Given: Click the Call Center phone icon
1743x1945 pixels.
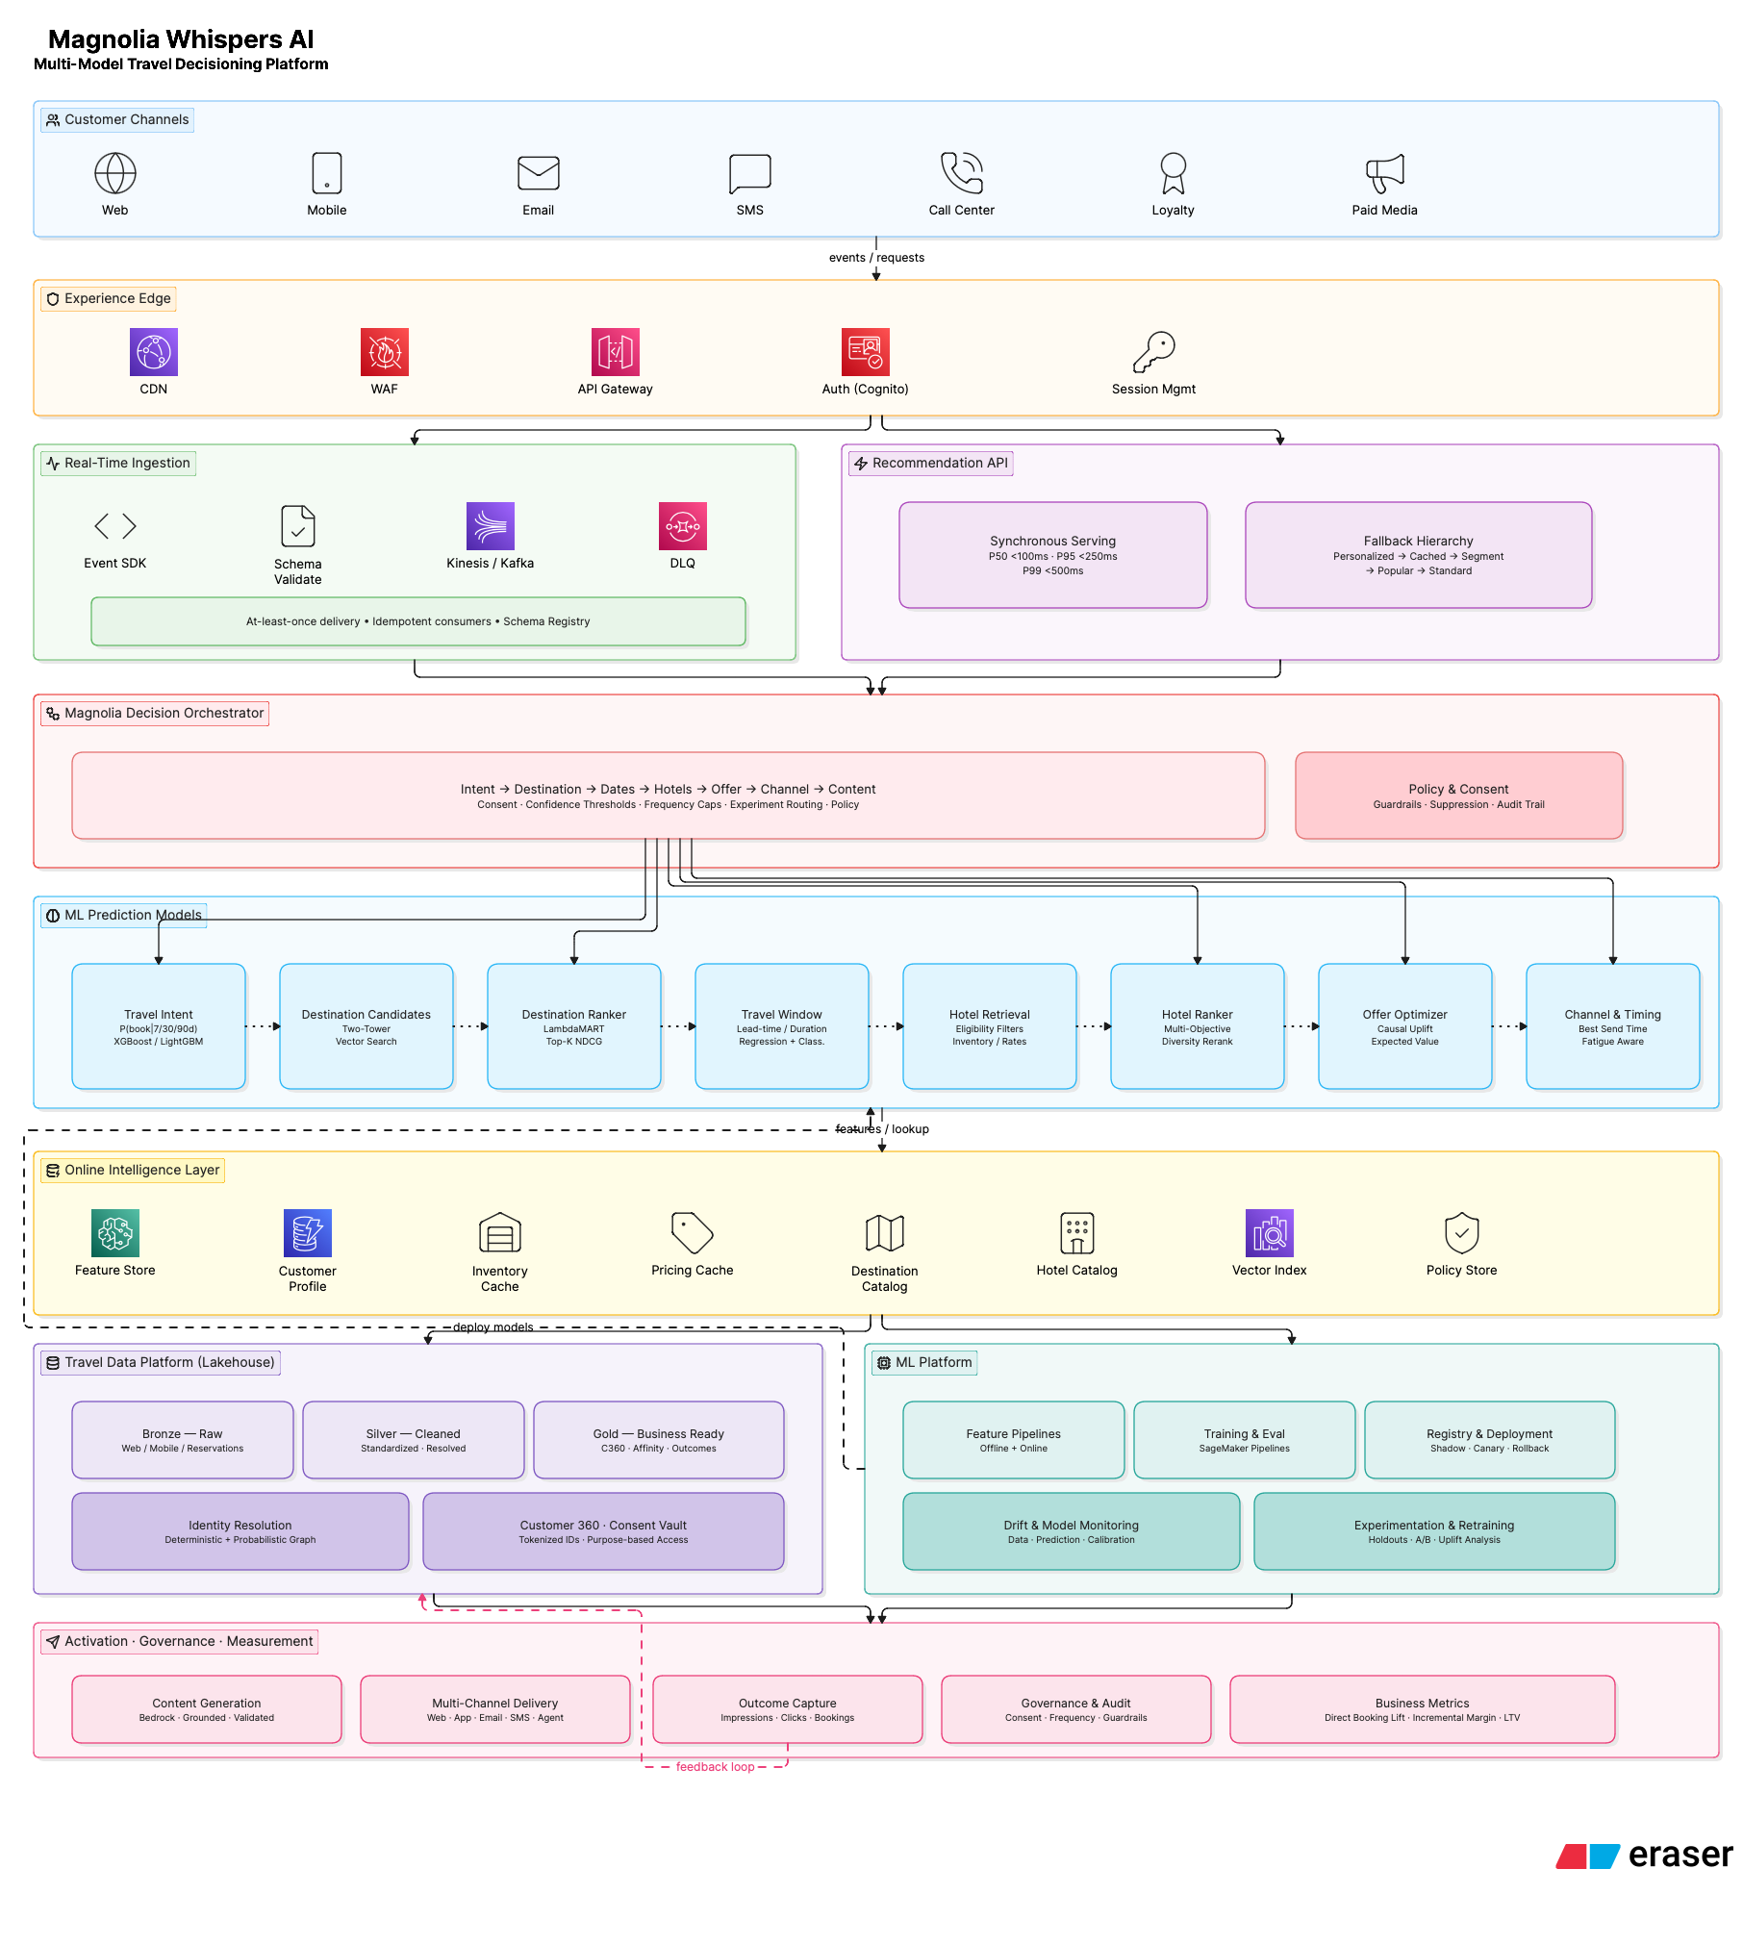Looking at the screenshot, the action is point(962,173).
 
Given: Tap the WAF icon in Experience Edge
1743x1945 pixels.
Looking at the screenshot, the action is point(385,352).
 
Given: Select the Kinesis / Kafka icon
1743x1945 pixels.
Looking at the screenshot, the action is point(491,526).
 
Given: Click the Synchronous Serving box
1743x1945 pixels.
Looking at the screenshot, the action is point(1053,555).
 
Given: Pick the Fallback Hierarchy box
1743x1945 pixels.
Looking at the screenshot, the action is point(1419,555).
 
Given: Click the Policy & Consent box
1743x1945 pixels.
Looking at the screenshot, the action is point(1459,796).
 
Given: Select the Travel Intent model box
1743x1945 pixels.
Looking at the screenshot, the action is point(159,1026).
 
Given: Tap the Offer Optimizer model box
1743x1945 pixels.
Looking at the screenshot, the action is point(1405,1026).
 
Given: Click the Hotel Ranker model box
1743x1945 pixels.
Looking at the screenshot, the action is point(1198,1026).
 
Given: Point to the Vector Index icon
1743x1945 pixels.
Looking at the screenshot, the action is point(1270,1233).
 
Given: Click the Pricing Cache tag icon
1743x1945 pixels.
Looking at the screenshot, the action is point(693,1233).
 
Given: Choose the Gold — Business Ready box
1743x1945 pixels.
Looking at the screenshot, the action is point(659,1440).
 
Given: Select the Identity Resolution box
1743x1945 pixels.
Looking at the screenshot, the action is point(240,1531).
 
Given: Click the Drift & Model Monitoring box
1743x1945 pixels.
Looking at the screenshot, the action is point(1072,1531).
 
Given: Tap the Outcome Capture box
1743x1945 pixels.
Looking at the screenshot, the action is point(788,1709).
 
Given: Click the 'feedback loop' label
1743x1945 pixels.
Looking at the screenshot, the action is point(716,1767).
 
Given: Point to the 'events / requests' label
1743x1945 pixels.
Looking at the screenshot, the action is point(876,258).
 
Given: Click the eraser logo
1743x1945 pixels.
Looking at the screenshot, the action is point(1644,1856).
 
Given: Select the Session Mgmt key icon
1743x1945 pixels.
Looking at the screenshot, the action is point(1154,352).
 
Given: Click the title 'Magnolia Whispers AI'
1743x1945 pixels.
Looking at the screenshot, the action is point(181,39).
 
